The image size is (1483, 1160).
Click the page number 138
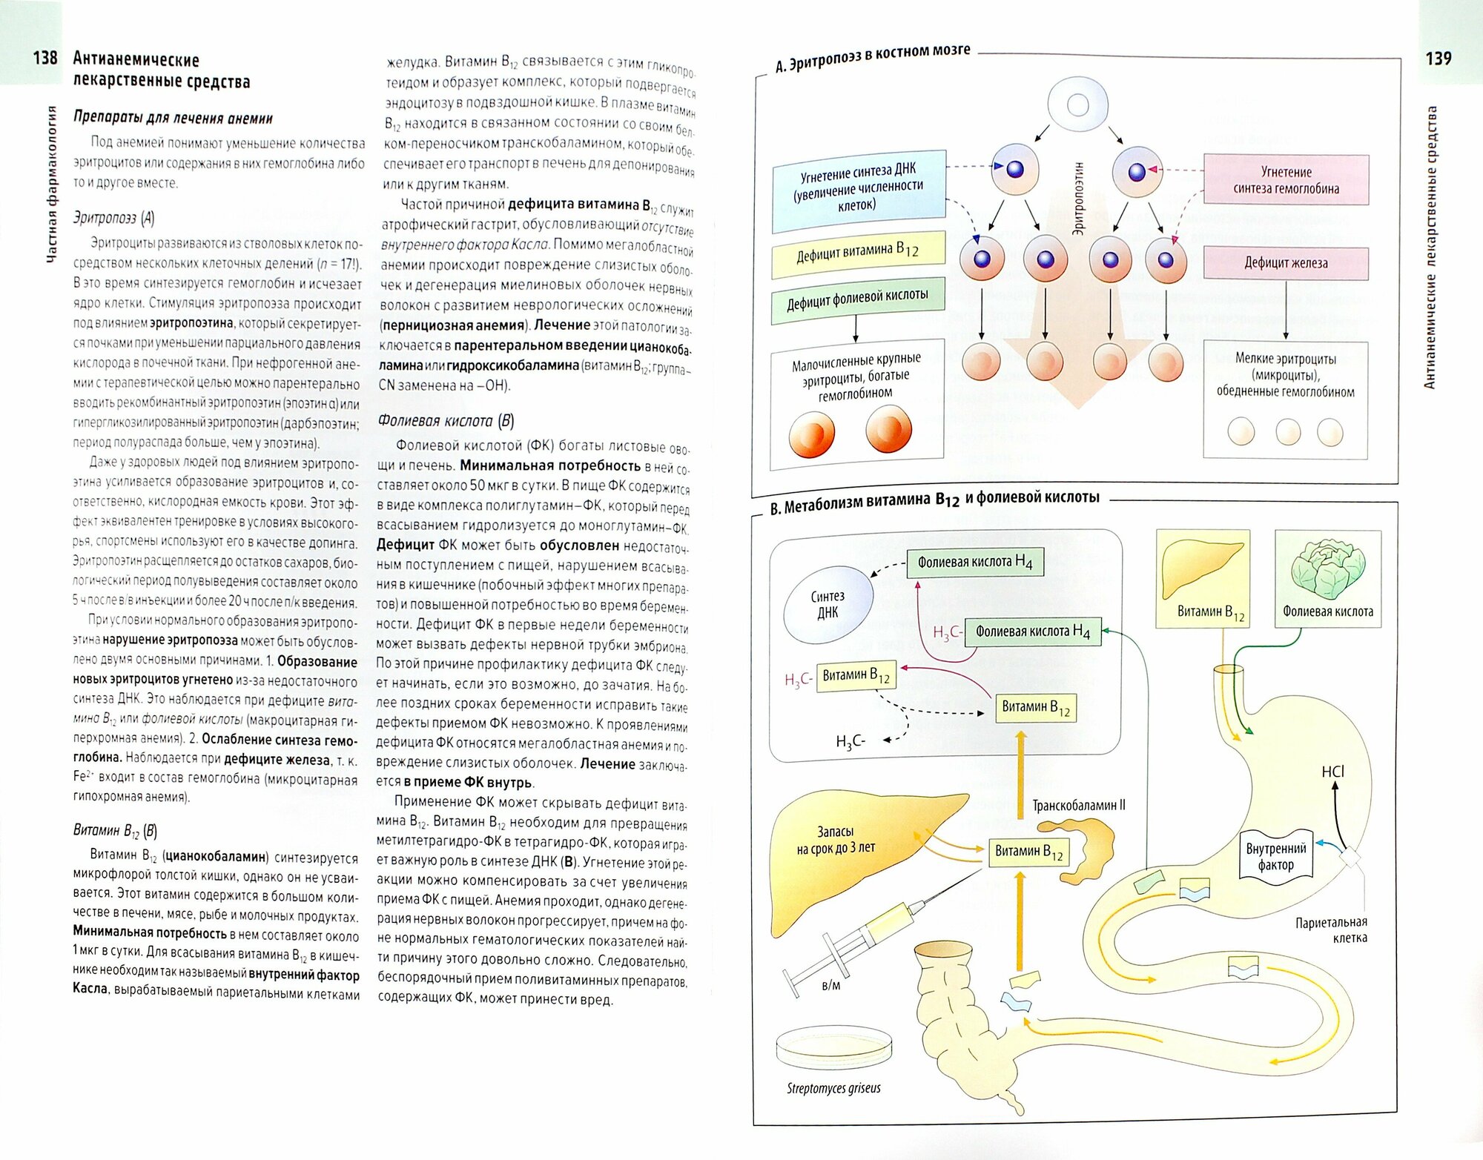click(44, 58)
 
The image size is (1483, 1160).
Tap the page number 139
click(1438, 58)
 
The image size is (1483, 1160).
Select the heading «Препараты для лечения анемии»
click(173, 118)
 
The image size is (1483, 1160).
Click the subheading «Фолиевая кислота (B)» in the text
click(446, 421)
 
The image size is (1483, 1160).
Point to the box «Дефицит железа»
click(1286, 262)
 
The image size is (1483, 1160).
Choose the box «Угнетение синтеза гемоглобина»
click(1286, 180)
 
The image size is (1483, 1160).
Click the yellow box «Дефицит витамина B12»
click(858, 253)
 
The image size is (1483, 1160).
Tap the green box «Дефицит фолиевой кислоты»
click(858, 299)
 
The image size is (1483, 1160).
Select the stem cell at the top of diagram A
click(1077, 105)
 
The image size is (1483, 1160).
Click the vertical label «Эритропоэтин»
click(1078, 199)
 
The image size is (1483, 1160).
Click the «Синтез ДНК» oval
click(828, 605)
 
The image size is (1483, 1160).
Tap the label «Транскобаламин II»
click(1078, 805)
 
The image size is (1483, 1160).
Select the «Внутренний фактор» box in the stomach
click(1275, 856)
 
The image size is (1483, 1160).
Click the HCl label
click(1332, 772)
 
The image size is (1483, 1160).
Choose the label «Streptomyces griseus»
click(833, 1088)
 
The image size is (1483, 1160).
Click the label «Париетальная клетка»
click(1331, 930)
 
